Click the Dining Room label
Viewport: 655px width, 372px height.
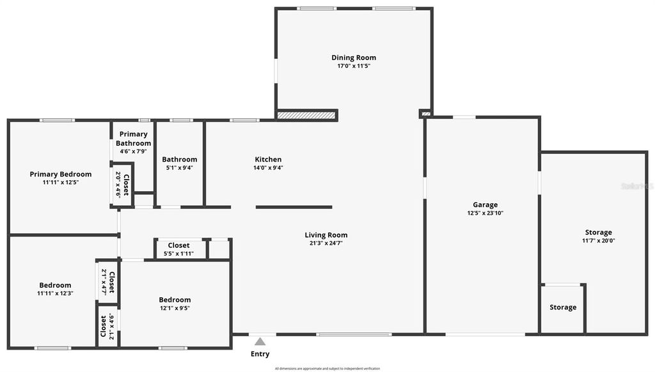point(354,58)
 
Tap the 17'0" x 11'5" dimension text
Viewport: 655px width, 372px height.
point(354,66)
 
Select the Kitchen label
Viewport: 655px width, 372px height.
point(268,159)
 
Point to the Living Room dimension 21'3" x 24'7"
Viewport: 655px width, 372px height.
point(326,244)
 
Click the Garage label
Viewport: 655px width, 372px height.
point(485,205)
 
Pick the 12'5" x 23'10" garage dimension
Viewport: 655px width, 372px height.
point(485,213)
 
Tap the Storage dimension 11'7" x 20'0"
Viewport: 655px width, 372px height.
point(598,241)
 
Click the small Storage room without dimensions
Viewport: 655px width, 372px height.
point(563,307)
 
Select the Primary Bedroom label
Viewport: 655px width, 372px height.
point(61,174)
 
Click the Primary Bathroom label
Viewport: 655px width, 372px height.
point(134,139)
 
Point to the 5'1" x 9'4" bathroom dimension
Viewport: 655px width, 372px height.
point(180,168)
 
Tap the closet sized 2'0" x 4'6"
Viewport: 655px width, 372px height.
point(122,185)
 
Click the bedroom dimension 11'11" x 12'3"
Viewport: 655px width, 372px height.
point(55,293)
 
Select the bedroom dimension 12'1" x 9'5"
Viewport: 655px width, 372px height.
point(175,308)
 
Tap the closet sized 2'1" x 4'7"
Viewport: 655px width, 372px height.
point(107,282)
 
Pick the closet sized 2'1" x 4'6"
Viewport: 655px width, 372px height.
point(107,326)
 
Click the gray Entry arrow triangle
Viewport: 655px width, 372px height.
point(260,342)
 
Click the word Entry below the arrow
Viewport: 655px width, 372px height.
point(260,354)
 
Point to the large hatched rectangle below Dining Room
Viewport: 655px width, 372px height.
point(306,116)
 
